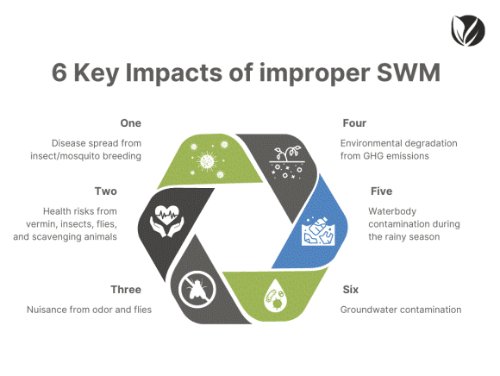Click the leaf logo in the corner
[x=468, y=31]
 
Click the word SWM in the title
[x=409, y=72]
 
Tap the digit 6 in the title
[x=59, y=72]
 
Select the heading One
[x=131, y=123]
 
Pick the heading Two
[x=106, y=191]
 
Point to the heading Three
[x=126, y=289]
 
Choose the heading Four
[x=354, y=123]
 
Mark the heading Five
[x=381, y=191]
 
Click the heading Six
[x=351, y=289]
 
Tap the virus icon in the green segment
[x=208, y=160]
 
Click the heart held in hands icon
[x=166, y=221]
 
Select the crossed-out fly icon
[x=197, y=290]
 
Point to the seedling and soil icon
[x=286, y=162]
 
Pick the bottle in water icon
[x=318, y=231]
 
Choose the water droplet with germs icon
[x=274, y=296]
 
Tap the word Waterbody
[x=392, y=211]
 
